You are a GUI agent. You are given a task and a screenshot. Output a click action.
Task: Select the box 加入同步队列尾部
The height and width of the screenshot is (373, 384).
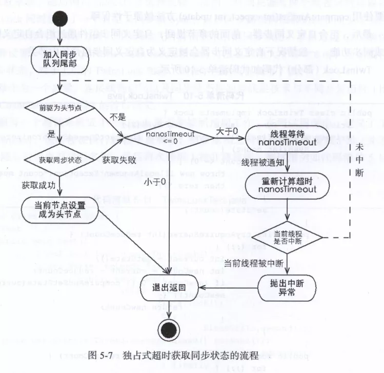(x=60, y=57)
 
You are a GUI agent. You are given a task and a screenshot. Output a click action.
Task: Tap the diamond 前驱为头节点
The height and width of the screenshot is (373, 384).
(x=60, y=110)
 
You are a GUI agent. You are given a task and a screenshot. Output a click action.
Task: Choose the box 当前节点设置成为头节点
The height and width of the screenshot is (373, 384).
(x=61, y=209)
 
